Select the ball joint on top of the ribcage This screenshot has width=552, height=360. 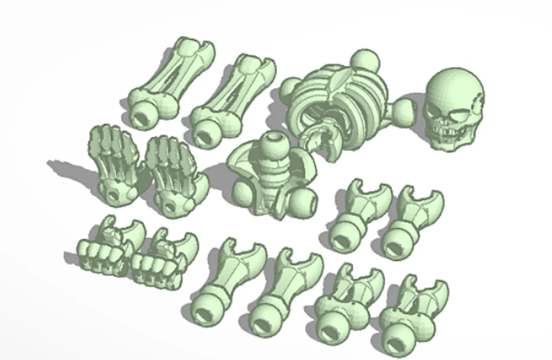pos(365,62)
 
